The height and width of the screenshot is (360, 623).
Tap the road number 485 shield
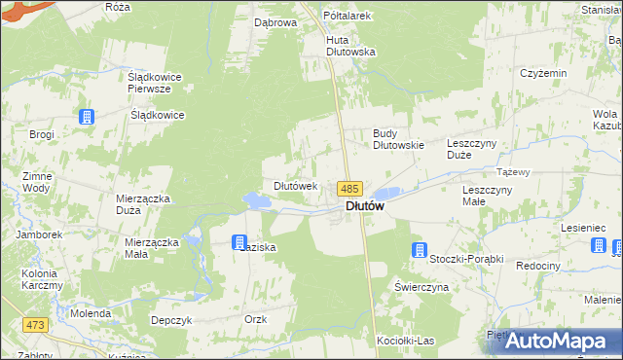350,189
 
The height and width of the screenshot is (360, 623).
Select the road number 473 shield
37,324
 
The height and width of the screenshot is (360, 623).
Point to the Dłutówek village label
295,186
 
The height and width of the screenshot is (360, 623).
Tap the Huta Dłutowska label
350,46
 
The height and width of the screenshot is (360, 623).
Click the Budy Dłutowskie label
399,139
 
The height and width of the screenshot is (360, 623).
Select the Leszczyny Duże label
472,149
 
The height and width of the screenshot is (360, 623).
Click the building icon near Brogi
87,117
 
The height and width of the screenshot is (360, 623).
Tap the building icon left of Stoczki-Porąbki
420,249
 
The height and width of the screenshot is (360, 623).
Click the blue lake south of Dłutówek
258,201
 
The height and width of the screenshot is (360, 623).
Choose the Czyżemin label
543,74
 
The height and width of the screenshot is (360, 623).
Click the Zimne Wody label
35,182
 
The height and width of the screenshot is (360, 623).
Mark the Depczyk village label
168,319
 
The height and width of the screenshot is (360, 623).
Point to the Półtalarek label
350,16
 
